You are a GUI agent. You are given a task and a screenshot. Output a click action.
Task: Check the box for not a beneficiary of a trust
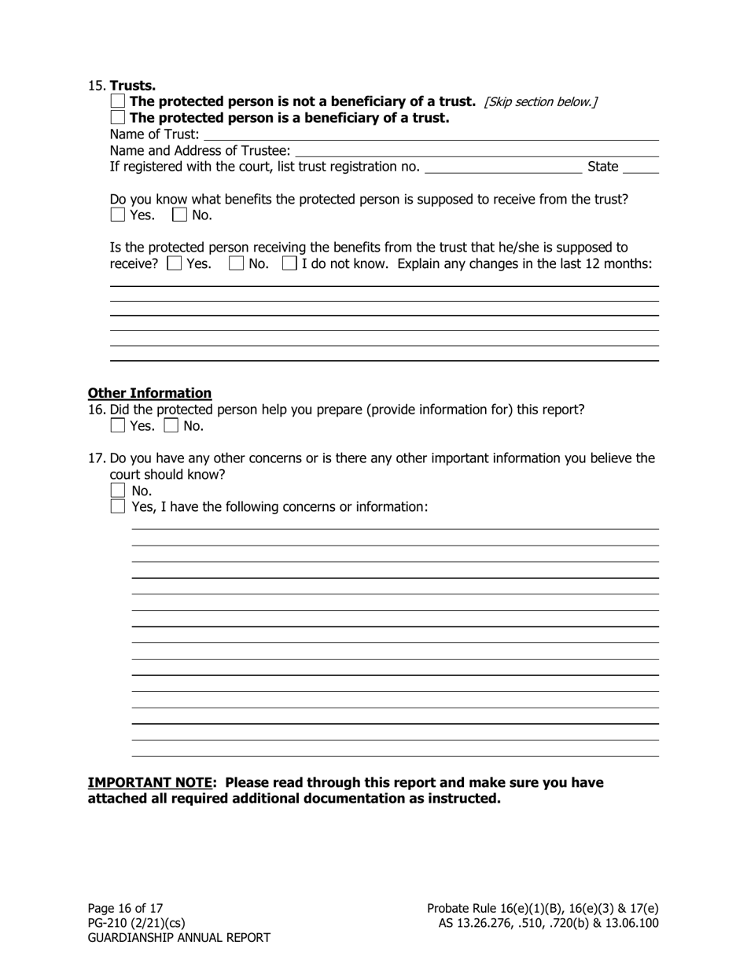(118, 101)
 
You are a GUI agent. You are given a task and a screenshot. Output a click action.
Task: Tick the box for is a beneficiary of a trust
(118, 118)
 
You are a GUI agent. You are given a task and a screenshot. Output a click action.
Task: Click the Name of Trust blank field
(429, 134)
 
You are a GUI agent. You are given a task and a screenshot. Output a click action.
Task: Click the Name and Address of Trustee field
(476, 150)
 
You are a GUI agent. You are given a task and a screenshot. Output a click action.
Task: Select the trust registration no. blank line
(502, 167)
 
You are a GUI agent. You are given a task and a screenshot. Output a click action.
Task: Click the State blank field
(641, 167)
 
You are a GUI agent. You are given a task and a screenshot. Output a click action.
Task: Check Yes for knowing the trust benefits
(118, 215)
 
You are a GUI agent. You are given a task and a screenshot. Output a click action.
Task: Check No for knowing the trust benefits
(180, 215)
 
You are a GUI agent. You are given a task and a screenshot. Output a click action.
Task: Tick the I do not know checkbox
(289, 263)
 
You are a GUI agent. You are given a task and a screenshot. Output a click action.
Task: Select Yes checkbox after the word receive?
(175, 263)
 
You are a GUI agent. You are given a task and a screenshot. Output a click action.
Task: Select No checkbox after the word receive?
(236, 263)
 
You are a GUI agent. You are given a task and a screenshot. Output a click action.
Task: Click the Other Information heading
(149, 393)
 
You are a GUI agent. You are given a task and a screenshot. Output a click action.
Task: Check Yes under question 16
(118, 426)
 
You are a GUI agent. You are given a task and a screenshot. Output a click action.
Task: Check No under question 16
(171, 426)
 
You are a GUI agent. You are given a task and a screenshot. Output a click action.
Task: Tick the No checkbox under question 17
(118, 491)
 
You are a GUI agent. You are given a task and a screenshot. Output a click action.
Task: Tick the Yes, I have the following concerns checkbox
(118, 507)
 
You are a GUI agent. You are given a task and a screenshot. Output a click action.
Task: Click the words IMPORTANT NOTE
(149, 783)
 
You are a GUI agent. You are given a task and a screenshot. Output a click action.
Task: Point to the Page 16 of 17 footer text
(125, 908)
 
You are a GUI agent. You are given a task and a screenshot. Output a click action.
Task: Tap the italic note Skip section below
(541, 102)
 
